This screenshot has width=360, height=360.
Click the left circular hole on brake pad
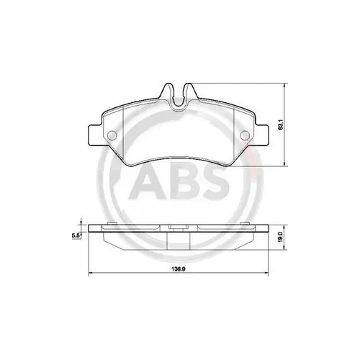pyautogui.click(x=112, y=138)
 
